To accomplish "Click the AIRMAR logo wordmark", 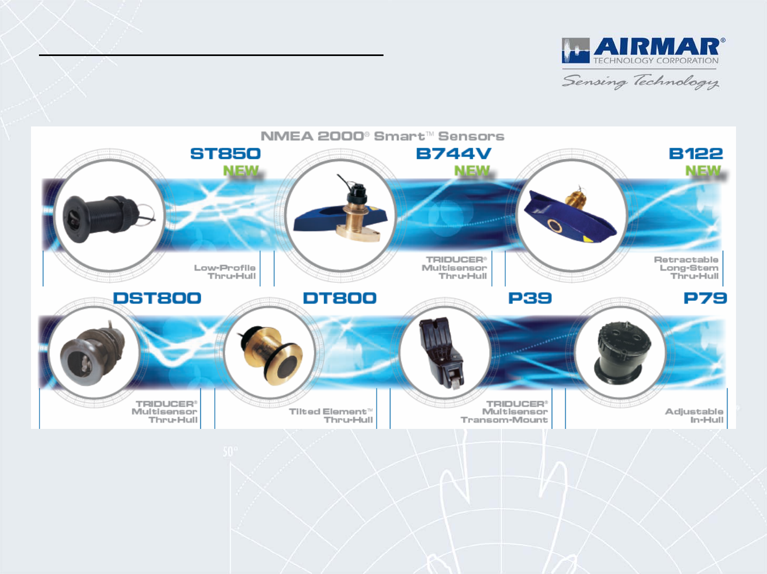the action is point(656,47).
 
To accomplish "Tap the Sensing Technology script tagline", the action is point(640,82).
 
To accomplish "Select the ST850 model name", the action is point(225,154).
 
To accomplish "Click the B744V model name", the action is point(453,154).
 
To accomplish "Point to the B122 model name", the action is point(696,154).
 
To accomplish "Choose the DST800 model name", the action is point(157,298).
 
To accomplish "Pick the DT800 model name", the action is point(340,298).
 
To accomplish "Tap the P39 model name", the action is point(530,298).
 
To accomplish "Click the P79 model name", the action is point(705,298).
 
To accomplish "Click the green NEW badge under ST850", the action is point(241,171).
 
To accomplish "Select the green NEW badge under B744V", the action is point(472,171).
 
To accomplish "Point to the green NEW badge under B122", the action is point(703,171).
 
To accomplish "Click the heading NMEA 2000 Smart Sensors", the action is point(382,136).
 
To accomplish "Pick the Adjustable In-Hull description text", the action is point(694,416).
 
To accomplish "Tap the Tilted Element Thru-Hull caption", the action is point(331,416).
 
